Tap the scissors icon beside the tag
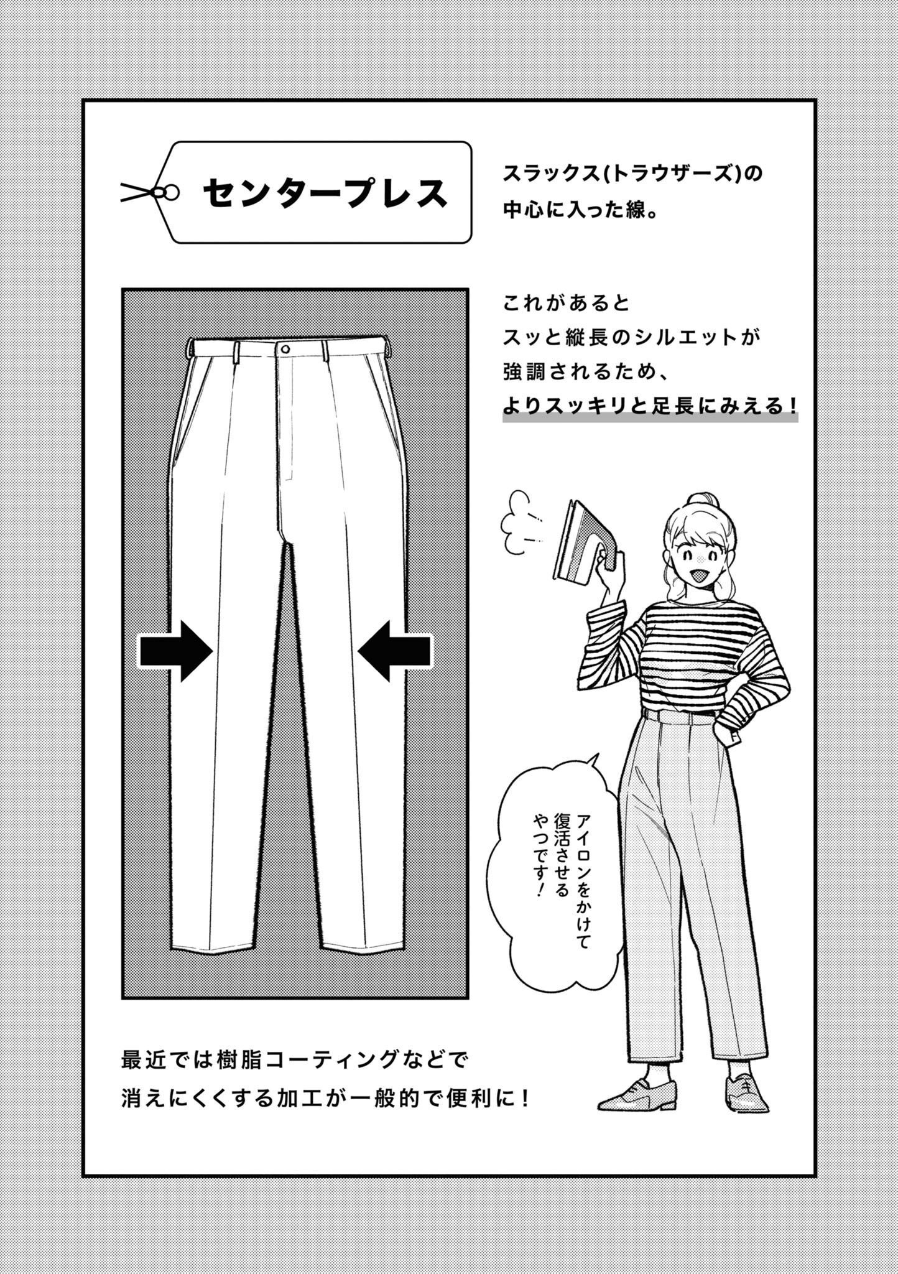[138, 192]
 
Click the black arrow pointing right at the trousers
[175, 651]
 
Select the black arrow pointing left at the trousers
[395, 651]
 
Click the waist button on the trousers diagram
[285, 348]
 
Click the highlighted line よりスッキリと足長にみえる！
[650, 406]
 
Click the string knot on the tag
[168, 193]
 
